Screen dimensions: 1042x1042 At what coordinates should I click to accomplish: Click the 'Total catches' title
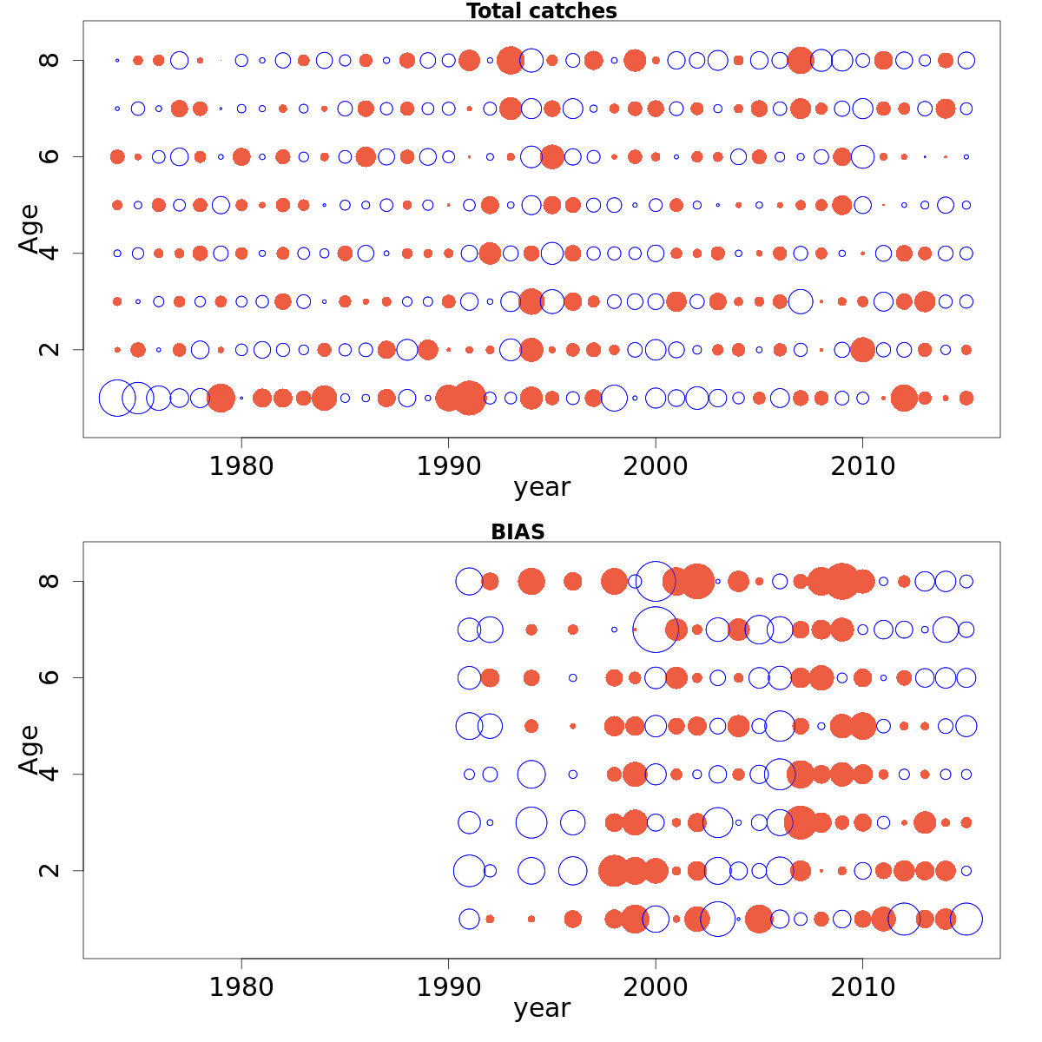click(x=541, y=11)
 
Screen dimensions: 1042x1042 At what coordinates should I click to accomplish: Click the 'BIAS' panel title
click(x=518, y=532)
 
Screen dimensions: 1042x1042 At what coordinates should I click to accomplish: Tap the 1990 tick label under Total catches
click(x=448, y=466)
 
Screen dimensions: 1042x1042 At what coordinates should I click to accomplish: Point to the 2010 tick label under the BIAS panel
click(x=862, y=987)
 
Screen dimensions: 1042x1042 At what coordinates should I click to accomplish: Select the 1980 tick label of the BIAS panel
click(x=241, y=987)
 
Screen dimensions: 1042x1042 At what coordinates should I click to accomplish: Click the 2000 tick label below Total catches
click(x=656, y=466)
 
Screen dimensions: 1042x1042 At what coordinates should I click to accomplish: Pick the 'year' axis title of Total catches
click(x=541, y=488)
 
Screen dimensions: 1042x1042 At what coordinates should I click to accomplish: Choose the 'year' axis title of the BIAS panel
click(x=541, y=1009)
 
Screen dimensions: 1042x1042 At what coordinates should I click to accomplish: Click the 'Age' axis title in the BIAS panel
click(x=30, y=749)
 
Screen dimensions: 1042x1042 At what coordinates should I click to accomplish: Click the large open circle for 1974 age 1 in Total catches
click(x=117, y=399)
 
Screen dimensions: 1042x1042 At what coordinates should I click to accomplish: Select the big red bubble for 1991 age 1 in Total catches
click(x=470, y=398)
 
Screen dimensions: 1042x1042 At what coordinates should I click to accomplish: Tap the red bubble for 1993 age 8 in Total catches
click(x=511, y=60)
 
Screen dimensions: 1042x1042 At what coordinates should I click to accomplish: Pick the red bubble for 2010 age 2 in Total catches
click(x=862, y=350)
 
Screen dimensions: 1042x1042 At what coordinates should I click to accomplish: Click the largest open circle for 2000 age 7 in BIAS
click(x=656, y=630)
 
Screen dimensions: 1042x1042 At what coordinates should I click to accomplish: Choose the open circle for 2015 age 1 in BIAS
click(x=966, y=919)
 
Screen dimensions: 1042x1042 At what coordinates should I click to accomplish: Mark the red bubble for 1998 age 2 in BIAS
click(x=614, y=870)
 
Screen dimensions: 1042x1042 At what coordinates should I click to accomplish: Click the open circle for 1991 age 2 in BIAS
click(x=469, y=870)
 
